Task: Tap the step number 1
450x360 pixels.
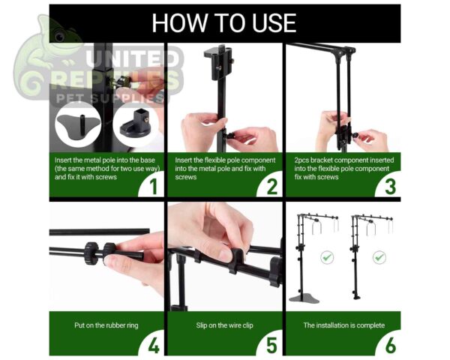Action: point(154,187)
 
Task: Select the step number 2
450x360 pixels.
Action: point(272,187)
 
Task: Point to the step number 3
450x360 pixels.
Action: point(390,187)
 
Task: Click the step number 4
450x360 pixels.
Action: point(154,346)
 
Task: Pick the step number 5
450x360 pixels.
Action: point(271,346)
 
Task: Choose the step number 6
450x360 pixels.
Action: point(391,346)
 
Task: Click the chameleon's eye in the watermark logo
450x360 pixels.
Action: point(60,37)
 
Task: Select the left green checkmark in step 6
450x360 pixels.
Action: point(327,257)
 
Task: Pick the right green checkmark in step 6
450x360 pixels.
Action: point(379,257)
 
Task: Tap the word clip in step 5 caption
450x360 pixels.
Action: point(247,325)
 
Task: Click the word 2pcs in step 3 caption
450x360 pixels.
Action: point(301,160)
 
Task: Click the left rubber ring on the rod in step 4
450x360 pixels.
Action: point(91,253)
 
